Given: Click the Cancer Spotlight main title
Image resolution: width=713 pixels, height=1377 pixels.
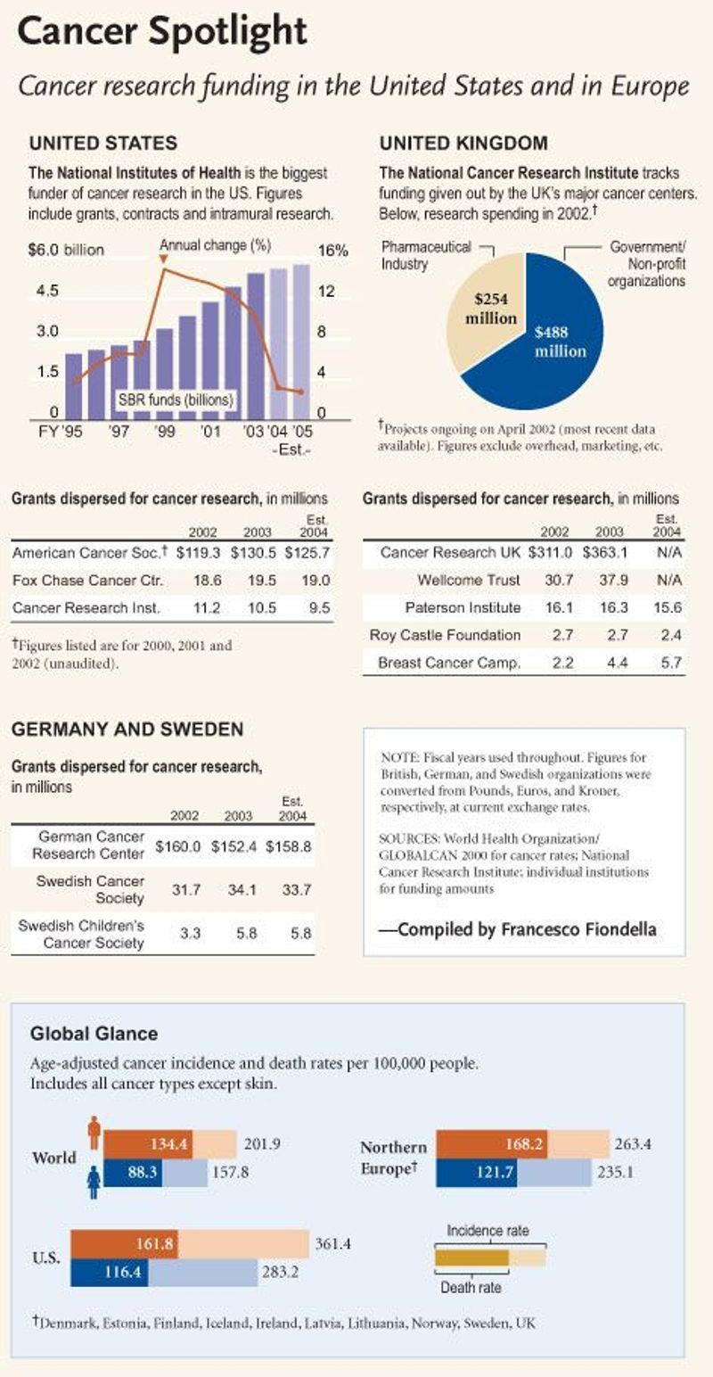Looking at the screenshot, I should [x=163, y=34].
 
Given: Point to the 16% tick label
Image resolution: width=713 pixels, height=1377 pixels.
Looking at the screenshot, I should [x=333, y=251].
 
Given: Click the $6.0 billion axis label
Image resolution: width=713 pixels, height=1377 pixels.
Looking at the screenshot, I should [x=66, y=251].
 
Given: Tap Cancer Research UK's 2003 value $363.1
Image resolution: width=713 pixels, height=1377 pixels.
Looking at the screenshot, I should [x=609, y=553].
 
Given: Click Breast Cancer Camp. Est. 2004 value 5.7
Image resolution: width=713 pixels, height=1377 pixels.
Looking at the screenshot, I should [x=666, y=664].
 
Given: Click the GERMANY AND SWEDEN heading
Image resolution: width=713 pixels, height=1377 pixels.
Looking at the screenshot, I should [x=127, y=730].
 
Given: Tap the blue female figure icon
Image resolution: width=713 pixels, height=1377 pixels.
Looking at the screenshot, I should [x=94, y=1183].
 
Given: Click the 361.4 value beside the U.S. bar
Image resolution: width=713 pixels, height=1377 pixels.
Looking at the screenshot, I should [x=332, y=1241].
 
